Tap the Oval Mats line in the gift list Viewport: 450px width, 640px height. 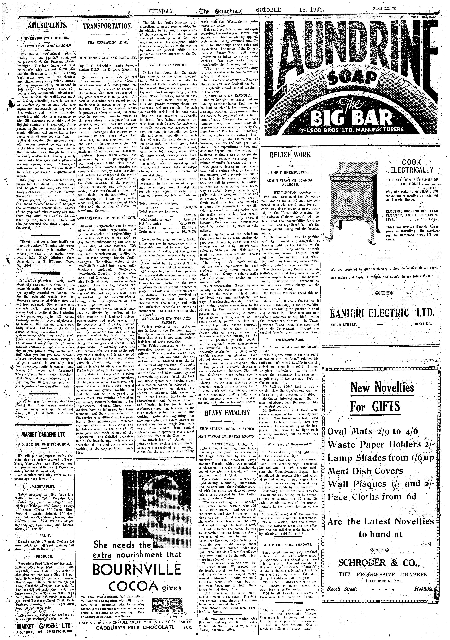(373, 431)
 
